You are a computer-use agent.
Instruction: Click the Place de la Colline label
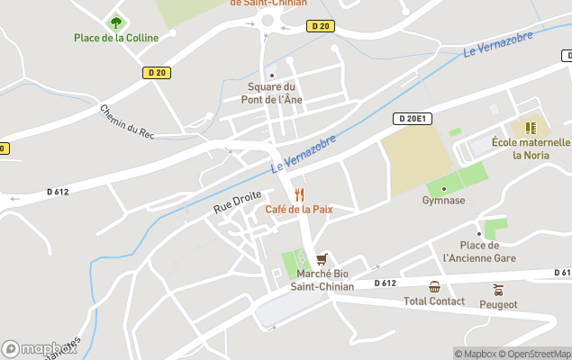116,38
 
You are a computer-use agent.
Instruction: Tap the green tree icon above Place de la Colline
115,22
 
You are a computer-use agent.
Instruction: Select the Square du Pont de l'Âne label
271,93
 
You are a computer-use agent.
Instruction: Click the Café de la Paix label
298,209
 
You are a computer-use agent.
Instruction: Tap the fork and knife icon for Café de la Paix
299,194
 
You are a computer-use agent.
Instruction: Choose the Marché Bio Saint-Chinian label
322,280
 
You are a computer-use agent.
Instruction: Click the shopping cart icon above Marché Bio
322,259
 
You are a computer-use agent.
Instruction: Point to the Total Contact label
434,301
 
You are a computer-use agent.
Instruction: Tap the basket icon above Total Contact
434,287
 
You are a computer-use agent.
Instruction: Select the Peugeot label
498,304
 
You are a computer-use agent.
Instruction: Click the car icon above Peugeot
498,290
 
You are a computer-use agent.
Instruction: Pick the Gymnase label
443,201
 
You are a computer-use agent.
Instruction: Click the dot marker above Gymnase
443,188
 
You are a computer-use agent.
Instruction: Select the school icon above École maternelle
531,127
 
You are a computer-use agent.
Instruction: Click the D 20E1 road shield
413,118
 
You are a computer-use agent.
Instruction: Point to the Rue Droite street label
237,202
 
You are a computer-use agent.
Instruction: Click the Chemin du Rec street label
128,122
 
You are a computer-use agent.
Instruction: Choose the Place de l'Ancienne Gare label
479,251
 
